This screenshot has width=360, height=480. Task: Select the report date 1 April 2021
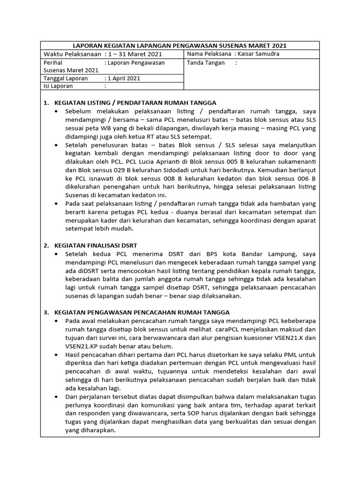tap(124, 78)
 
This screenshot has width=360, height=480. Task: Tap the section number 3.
tap(46, 312)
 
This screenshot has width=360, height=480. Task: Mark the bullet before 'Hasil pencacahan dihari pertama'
tap(57, 354)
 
